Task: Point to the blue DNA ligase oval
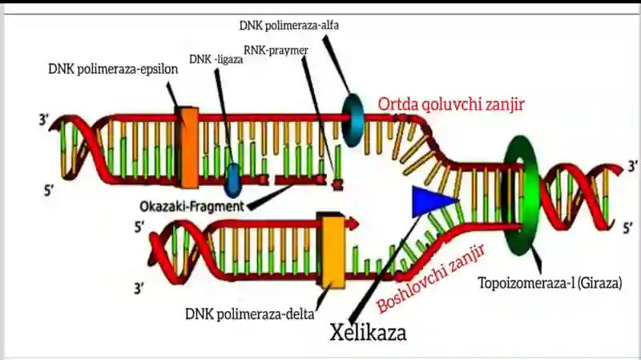tap(233, 180)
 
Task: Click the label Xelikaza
tap(368, 332)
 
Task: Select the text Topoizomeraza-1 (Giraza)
tap(550, 283)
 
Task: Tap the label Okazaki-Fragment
tap(191, 206)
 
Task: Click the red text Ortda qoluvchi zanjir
tap(451, 104)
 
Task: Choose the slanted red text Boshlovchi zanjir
tap(431, 279)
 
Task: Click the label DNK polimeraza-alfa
tap(289, 26)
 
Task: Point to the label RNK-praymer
tap(276, 51)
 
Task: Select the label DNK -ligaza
tap(216, 59)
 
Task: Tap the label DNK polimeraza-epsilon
tap(113, 69)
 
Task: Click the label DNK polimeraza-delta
tap(250, 314)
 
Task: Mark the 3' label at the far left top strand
tap(44, 120)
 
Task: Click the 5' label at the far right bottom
tap(628, 228)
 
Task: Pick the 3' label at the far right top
tap(633, 166)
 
